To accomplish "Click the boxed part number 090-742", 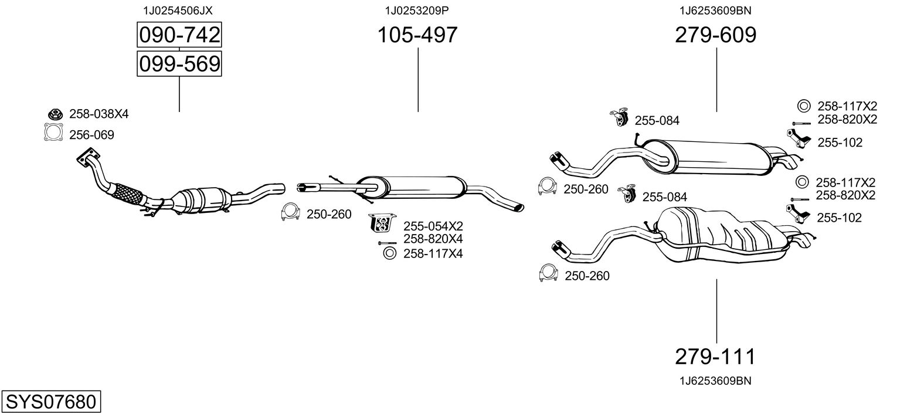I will [179, 35].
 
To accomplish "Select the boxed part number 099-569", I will [179, 63].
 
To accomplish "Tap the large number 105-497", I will [417, 35].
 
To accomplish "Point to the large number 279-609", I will [715, 35].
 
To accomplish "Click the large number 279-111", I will [715, 356].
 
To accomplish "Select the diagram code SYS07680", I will [50, 402].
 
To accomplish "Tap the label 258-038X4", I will [98, 114].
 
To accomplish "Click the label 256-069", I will [91, 135].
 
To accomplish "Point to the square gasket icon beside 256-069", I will [53, 133].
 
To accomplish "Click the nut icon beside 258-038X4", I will [54, 114].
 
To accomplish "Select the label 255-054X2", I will [433, 226].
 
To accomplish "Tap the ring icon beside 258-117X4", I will [389, 253].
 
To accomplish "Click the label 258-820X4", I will [433, 239].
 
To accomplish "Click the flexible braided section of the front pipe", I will [128, 193].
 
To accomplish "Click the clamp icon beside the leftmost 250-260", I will [290, 212].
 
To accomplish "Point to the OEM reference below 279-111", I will [715, 381].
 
